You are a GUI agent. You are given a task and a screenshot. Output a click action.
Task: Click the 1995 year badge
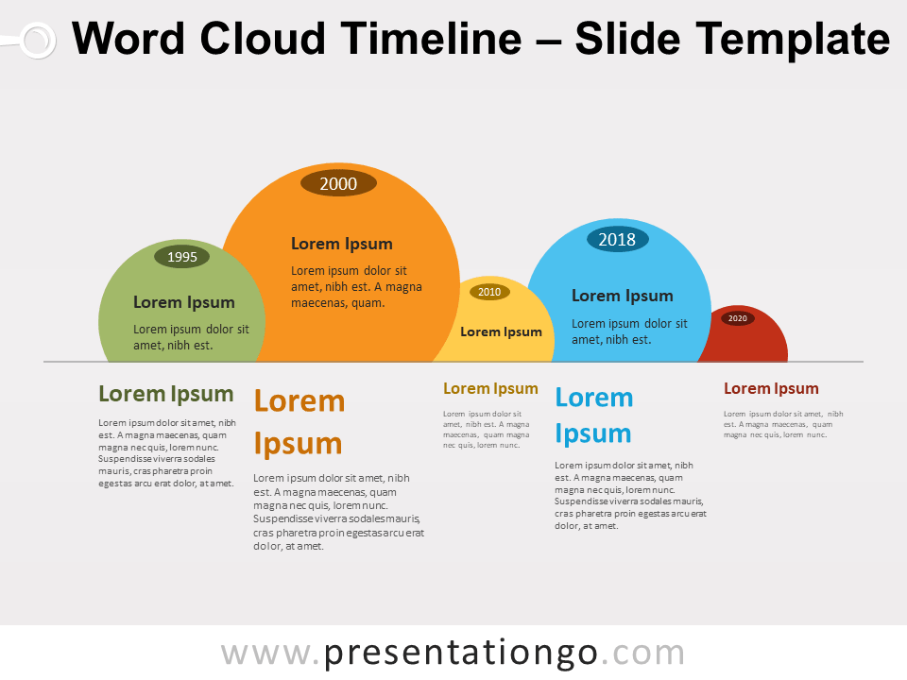[181, 256]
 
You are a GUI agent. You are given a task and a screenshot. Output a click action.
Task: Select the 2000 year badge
[338, 184]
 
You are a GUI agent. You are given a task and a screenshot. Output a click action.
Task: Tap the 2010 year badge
[489, 292]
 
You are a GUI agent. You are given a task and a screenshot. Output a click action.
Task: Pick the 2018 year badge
[617, 239]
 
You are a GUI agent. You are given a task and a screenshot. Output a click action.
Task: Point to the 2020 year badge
[738, 318]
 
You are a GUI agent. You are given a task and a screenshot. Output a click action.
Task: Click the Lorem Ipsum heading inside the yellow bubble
[501, 331]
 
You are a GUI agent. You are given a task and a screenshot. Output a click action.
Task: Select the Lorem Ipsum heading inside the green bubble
[183, 302]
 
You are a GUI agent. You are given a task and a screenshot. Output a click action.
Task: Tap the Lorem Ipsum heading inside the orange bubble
[341, 244]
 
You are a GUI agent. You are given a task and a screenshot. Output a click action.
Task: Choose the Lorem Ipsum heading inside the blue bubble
[622, 296]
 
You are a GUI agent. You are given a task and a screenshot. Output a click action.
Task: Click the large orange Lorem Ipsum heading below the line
[299, 422]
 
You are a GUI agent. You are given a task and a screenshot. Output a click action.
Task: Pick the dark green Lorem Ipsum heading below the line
[165, 394]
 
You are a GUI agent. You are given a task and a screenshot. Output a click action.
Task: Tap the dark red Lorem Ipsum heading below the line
[771, 388]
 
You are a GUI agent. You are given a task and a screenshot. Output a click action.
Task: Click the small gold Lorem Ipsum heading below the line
[490, 388]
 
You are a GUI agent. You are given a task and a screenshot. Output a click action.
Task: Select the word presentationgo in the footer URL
[461, 653]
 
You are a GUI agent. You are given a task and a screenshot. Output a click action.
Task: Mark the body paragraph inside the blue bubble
[629, 331]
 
